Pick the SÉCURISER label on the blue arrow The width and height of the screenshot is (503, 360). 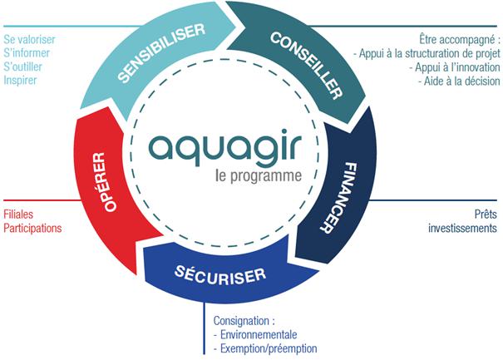pos(221,274)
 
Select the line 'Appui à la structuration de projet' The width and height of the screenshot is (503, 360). pos(427,53)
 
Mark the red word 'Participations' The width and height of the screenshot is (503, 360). pos(33,227)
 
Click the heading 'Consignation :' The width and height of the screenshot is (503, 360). pos(244,320)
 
